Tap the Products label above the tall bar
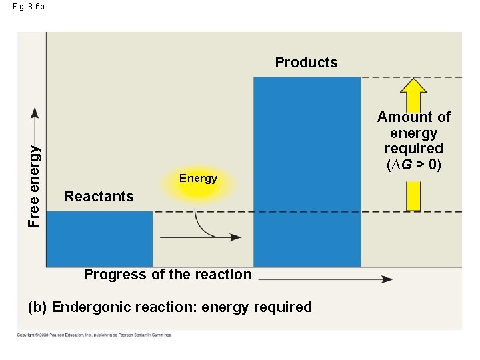(x=306, y=63)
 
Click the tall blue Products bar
(x=307, y=172)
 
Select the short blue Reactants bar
(x=99, y=239)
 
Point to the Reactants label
(x=99, y=197)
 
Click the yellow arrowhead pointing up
(x=415, y=88)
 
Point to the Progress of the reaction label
(x=167, y=275)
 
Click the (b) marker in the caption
(x=37, y=307)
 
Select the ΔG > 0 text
(x=414, y=164)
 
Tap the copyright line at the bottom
(x=94, y=335)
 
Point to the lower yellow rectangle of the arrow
(x=414, y=197)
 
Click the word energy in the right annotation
(x=414, y=133)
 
